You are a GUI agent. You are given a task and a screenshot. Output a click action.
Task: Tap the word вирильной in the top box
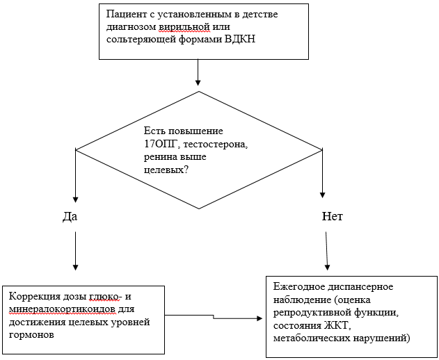pos(182,27)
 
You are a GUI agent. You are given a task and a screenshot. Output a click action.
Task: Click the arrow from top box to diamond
pos(198,72)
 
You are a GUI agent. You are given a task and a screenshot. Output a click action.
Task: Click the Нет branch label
pos(333,217)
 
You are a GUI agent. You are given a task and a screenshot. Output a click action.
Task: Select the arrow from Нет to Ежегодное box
pos(328,250)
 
